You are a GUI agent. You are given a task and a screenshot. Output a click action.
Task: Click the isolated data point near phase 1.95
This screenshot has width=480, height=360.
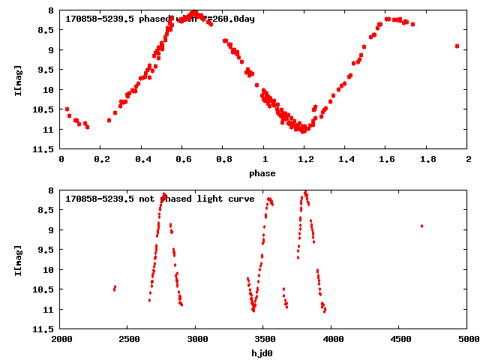point(457,46)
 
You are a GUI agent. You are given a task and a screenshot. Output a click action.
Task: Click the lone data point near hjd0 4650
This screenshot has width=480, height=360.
point(421,226)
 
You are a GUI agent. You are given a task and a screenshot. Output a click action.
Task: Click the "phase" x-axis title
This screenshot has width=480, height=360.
point(262,173)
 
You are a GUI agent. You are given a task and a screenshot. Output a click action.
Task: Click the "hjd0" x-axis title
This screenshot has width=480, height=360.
point(262,353)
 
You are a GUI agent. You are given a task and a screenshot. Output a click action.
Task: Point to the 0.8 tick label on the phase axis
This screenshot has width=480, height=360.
point(223,160)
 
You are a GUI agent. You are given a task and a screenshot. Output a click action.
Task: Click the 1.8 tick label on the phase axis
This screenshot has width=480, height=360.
point(427,160)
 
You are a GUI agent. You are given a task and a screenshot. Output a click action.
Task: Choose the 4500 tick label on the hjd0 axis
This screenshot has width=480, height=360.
point(400,340)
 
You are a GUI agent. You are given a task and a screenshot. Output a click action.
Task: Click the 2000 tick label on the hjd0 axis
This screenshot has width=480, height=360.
point(61,340)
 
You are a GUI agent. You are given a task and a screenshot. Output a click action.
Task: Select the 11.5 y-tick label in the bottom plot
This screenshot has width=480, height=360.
point(44,329)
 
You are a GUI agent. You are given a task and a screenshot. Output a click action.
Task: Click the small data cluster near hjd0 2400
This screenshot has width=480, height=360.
point(114,288)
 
